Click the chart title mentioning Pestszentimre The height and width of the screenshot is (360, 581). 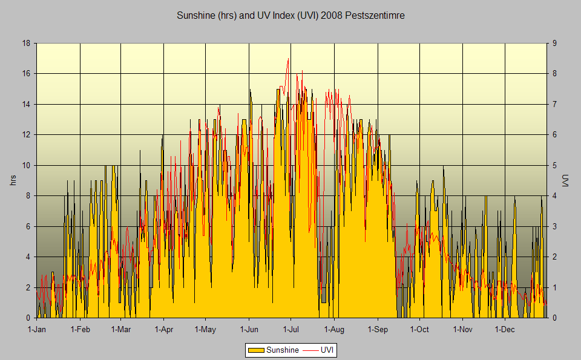point(290,16)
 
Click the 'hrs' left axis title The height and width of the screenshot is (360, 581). point(13,180)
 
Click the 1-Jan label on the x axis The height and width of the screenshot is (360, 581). point(37,329)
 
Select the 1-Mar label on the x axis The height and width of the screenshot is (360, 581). point(121,329)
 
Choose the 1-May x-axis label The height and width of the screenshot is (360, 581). point(205,329)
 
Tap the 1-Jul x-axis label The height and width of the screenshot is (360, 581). point(290,329)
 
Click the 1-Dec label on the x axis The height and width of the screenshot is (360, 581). point(505,329)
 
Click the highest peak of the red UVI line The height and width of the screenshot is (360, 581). point(289,59)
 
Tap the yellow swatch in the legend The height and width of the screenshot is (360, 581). point(256,350)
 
